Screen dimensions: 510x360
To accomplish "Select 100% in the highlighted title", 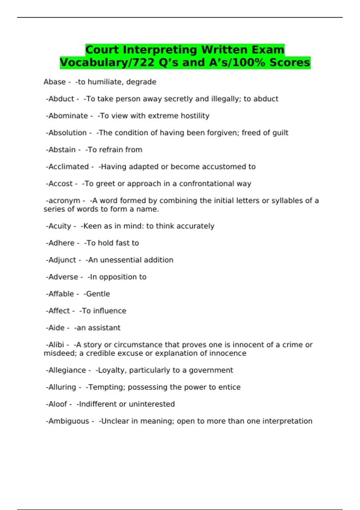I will click(x=249, y=62).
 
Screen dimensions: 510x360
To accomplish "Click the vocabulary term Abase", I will click(x=54, y=82).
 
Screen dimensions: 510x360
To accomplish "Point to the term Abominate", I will click(x=68, y=116).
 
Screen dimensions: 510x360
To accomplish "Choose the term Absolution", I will click(x=67, y=133).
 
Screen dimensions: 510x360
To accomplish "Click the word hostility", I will click(x=195, y=116).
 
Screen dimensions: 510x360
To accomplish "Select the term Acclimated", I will click(x=68, y=166).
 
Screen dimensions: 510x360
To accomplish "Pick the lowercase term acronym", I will click(x=64, y=201).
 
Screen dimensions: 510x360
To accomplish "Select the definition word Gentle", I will click(x=98, y=294).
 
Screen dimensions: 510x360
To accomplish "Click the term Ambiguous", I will click(x=69, y=421).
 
